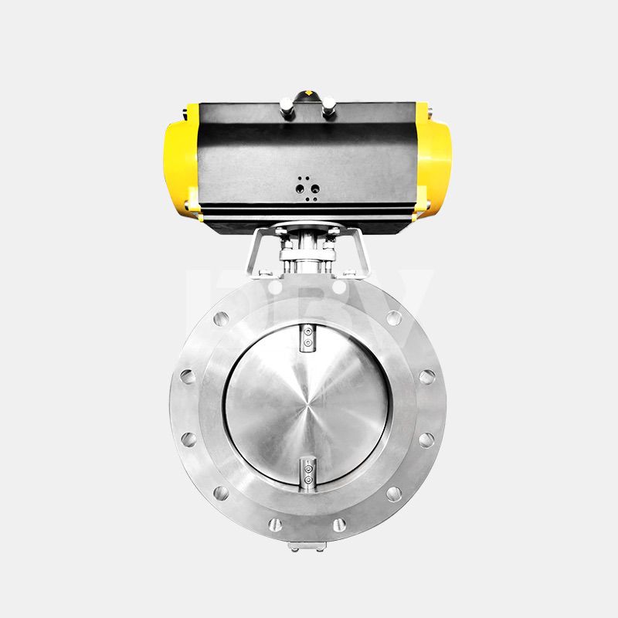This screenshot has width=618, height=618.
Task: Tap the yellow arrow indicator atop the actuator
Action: click(309, 94)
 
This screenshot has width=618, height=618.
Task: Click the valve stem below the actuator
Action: click(307, 255)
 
